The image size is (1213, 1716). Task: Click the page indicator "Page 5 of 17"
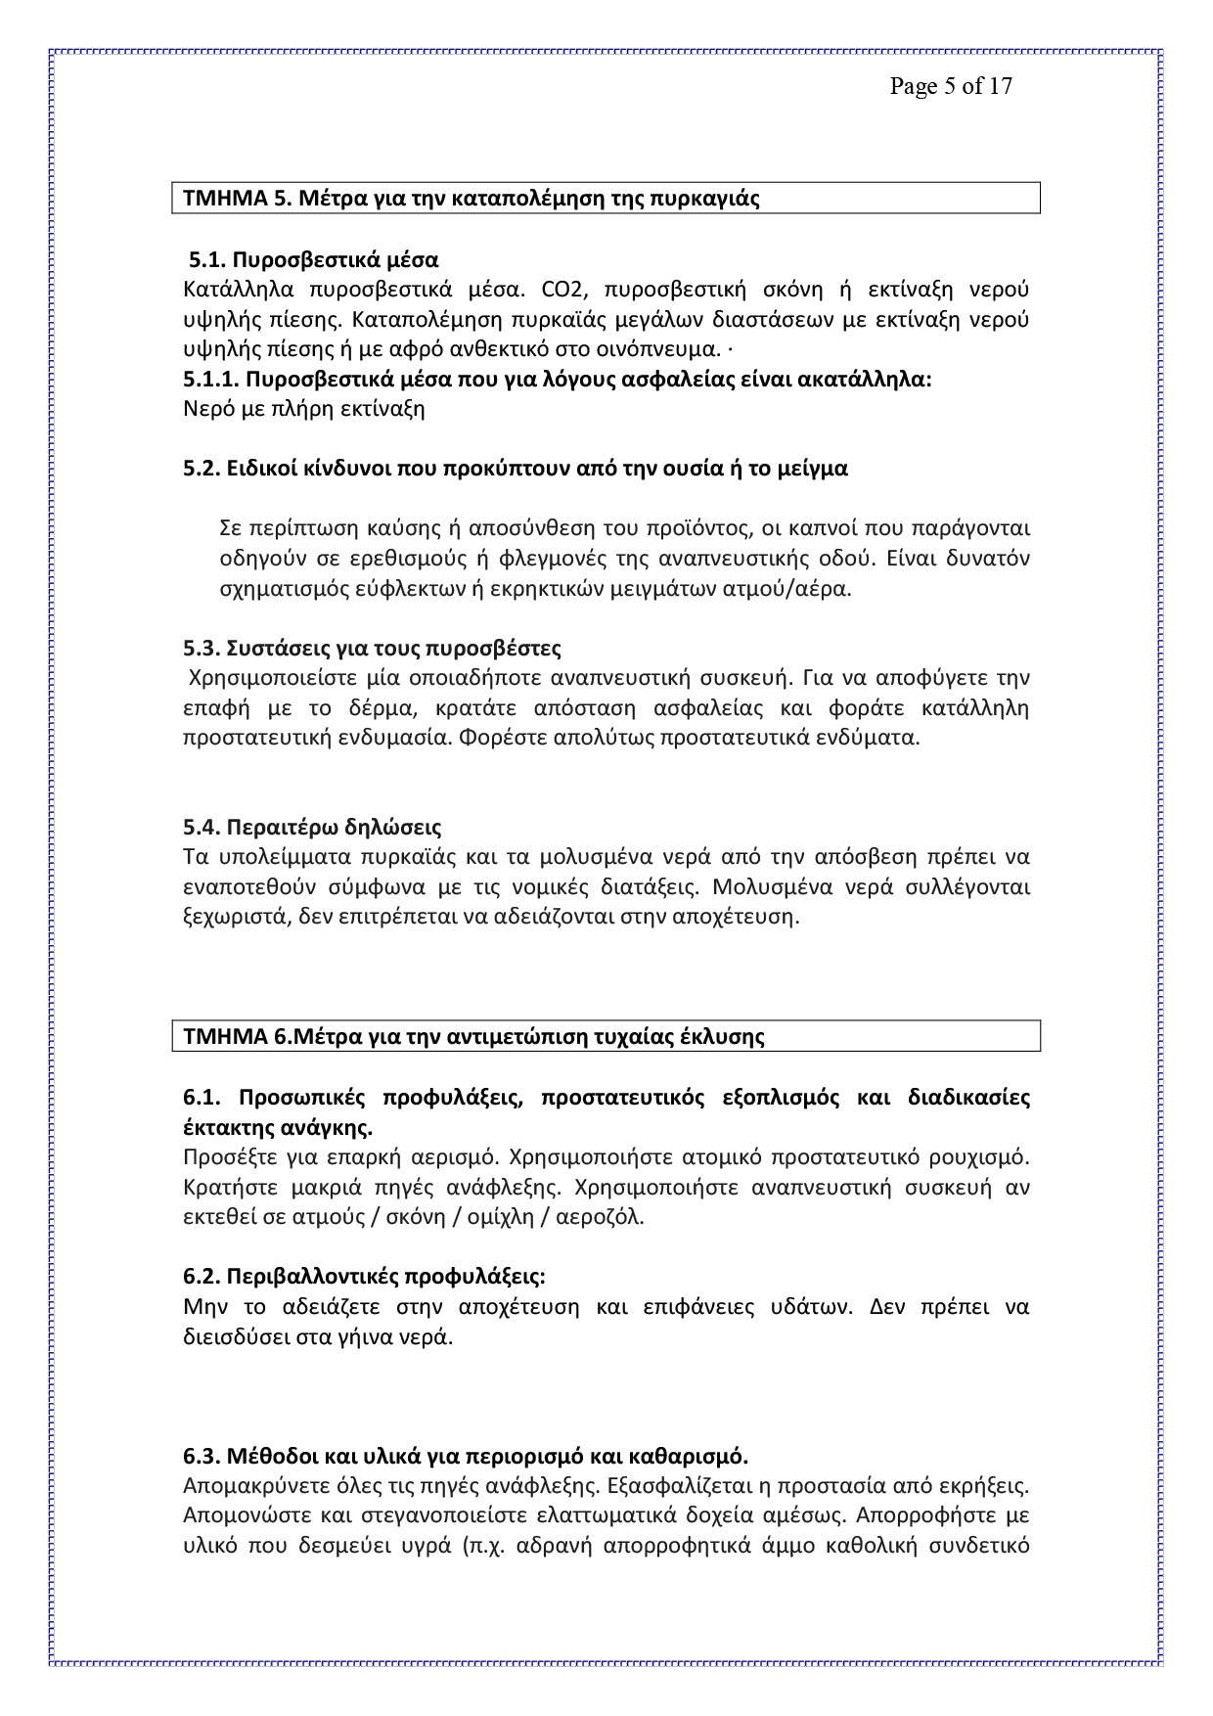click(950, 86)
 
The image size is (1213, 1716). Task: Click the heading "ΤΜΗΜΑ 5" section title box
click(606, 199)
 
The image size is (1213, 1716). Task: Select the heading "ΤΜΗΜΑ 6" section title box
click(606, 1036)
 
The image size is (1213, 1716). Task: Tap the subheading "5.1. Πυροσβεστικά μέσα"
click(313, 260)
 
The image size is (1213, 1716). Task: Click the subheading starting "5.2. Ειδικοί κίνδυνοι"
click(515, 469)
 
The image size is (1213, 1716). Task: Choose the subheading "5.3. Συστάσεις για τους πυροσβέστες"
click(372, 649)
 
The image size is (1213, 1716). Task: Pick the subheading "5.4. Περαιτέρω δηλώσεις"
click(312, 828)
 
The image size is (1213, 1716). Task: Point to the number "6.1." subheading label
click(203, 1097)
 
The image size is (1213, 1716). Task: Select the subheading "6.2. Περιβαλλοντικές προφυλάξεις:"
click(364, 1278)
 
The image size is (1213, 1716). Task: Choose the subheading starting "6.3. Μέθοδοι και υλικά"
click(465, 1457)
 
